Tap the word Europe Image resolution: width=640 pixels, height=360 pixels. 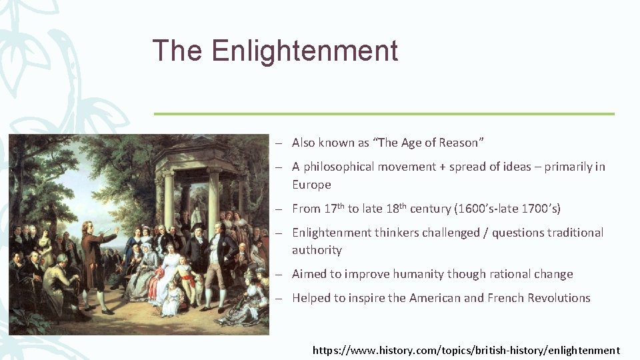point(311,185)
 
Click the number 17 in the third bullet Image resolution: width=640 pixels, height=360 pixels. point(330,209)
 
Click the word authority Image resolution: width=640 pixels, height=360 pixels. point(317,250)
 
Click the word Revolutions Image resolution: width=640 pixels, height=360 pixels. point(559,298)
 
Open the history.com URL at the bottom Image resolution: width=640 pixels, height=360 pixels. point(466,350)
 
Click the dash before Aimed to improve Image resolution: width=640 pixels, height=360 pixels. point(282,275)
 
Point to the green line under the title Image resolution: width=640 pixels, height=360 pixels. point(383,114)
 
